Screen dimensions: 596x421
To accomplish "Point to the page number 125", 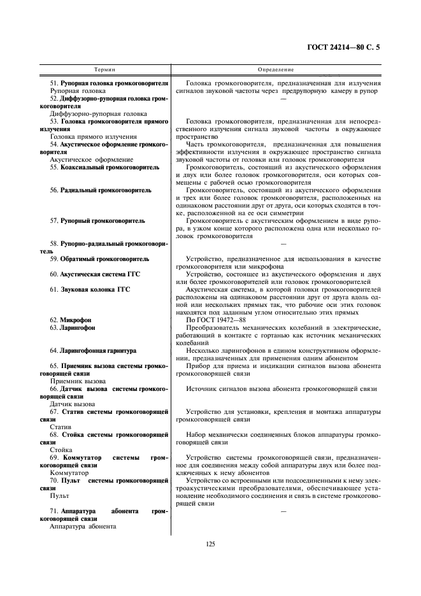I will click(210, 543).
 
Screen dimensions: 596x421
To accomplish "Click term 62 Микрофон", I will click(71, 319).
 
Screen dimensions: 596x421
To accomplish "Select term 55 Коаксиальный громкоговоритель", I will click(104, 167).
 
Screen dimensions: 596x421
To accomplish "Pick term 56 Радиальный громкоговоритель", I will click(101, 190).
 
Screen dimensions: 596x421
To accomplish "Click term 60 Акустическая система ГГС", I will click(95, 274).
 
